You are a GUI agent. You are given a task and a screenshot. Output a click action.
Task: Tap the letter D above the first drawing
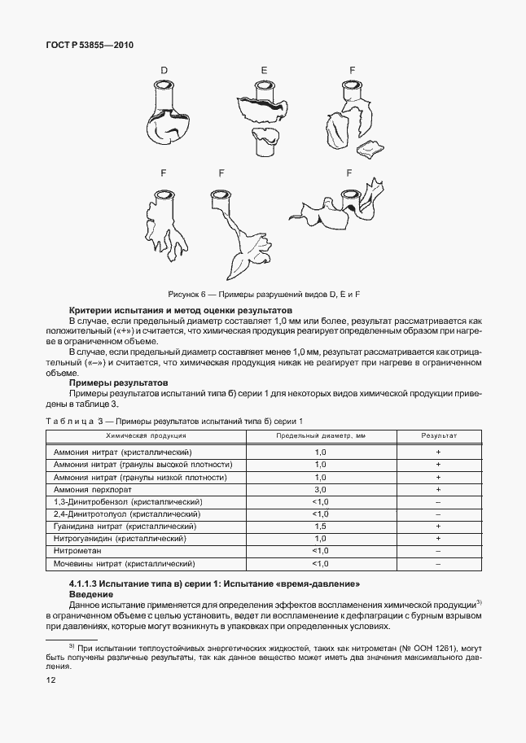point(164,71)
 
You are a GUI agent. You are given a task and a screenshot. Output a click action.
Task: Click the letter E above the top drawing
point(264,71)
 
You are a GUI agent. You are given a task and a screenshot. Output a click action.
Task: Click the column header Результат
point(438,436)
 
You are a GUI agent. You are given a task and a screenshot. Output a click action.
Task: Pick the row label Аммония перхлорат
point(91,490)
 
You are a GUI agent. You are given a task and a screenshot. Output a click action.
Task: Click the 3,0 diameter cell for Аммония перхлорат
point(320,490)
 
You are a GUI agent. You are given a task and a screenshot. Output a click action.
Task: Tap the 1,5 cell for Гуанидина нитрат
point(320,527)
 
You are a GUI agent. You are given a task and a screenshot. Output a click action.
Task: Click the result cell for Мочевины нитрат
point(438,563)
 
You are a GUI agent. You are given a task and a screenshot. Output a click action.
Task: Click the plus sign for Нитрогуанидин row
point(438,539)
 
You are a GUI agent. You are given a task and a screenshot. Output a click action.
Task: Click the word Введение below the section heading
point(90,596)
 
